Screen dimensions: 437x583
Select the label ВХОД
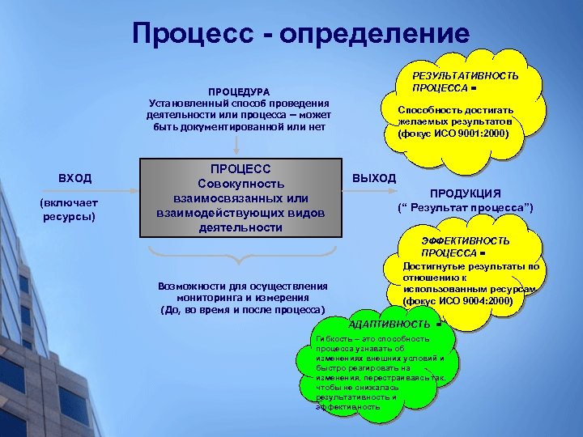tap(75, 178)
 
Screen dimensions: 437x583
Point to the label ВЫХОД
tap(374, 178)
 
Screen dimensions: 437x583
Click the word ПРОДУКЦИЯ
tap(465, 193)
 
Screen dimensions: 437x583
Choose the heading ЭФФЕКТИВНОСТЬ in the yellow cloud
tap(466, 241)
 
